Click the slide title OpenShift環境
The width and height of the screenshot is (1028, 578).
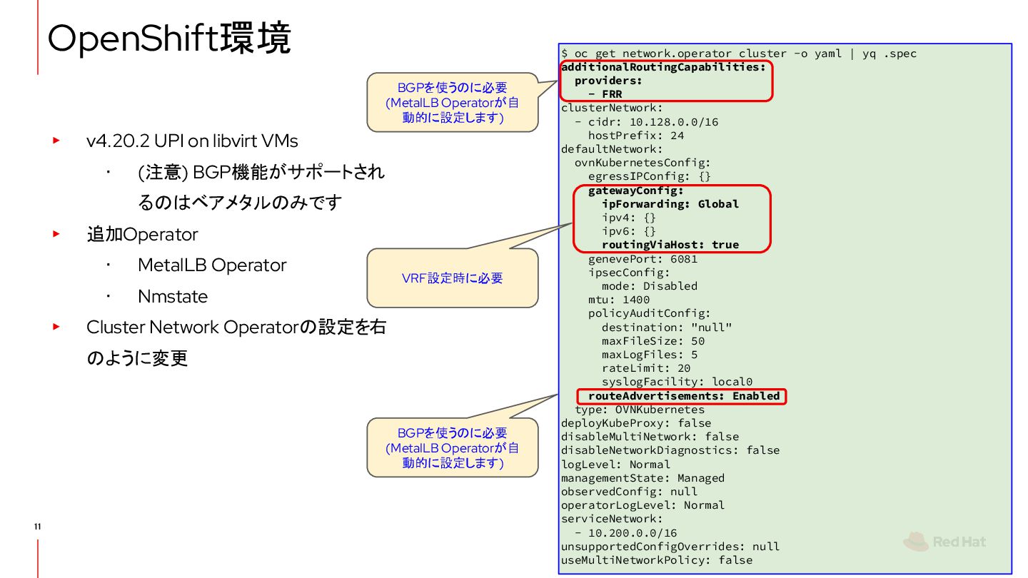pos(169,39)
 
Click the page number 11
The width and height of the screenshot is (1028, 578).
pos(37,527)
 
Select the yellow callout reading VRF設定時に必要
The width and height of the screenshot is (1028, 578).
pos(452,278)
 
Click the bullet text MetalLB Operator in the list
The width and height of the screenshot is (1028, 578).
pos(212,265)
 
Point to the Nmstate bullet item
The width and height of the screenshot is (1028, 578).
pos(173,297)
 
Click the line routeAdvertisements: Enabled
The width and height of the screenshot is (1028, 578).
pos(683,396)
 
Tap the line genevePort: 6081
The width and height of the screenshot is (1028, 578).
pos(642,259)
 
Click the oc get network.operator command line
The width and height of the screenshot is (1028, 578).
pos(739,54)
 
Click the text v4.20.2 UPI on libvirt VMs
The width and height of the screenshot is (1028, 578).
pos(192,141)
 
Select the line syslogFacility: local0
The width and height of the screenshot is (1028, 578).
pos(677,382)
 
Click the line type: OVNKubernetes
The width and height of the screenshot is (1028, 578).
pos(640,410)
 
